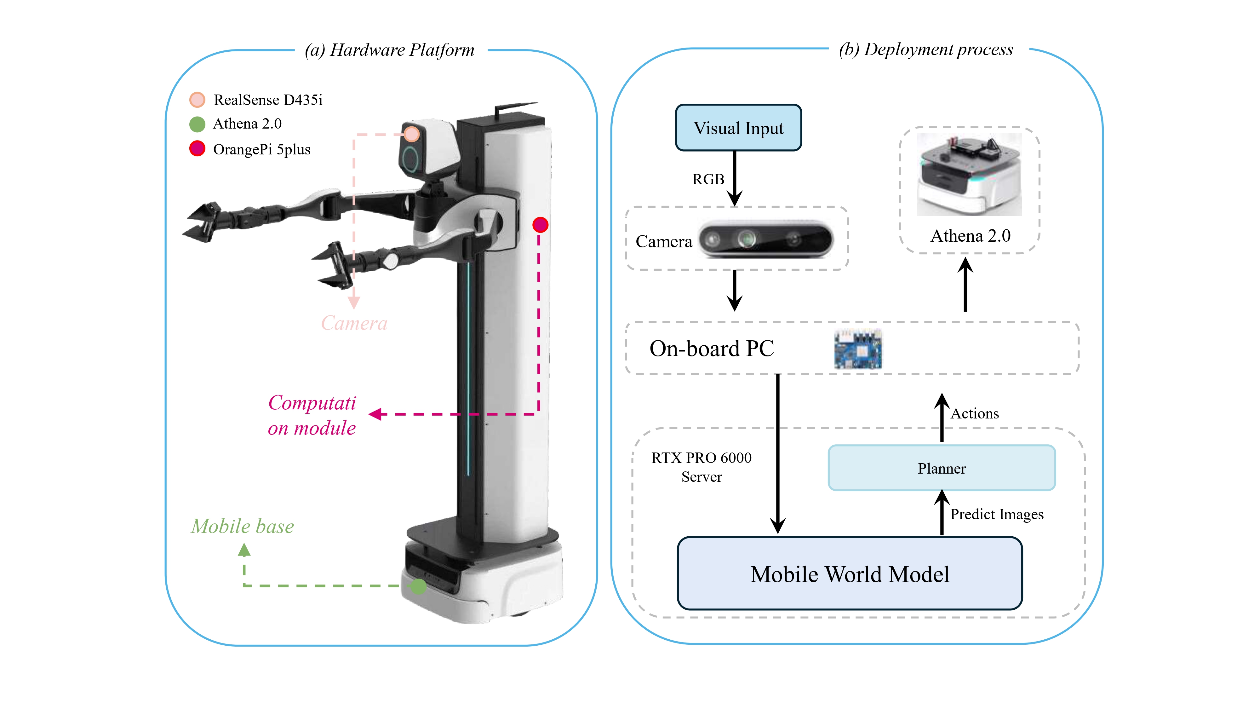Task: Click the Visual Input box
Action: click(x=738, y=128)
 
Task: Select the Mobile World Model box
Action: click(x=849, y=574)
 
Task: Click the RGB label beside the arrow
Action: click(x=708, y=180)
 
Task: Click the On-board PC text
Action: click(x=711, y=349)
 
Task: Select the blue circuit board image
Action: click(x=857, y=349)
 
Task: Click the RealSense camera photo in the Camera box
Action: click(x=765, y=239)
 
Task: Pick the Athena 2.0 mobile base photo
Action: click(x=969, y=175)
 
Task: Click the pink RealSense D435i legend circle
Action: click(x=197, y=100)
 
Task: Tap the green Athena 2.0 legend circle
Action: click(x=197, y=124)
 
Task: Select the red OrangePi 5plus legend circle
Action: click(x=197, y=149)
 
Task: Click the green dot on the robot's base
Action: click(x=418, y=586)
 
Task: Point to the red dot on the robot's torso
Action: click(x=540, y=225)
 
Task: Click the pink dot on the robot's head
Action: click(x=412, y=134)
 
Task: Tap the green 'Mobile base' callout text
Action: click(x=242, y=527)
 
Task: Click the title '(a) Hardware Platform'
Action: click(x=389, y=50)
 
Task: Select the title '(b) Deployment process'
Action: click(x=925, y=49)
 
